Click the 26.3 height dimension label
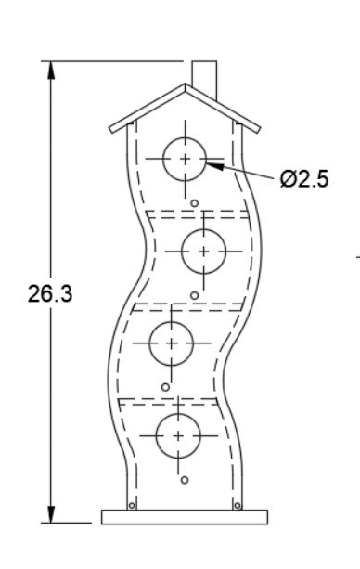click(50, 293)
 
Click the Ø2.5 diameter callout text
click(304, 178)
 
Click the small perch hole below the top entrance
click(195, 203)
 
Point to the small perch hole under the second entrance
click(195, 295)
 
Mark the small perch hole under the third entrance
click(165, 387)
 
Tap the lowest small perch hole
click(185, 480)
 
